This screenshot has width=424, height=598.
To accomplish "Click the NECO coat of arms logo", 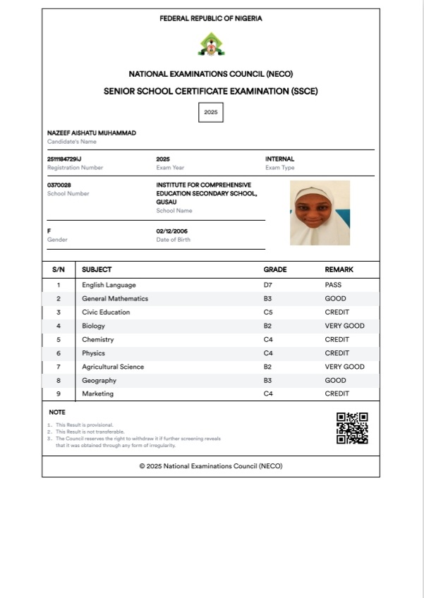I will coord(211,44).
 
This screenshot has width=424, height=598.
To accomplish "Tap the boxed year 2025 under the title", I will coord(210,112).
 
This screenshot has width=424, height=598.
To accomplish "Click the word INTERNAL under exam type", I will coord(279,159).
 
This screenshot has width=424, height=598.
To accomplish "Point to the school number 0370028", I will coord(59,185).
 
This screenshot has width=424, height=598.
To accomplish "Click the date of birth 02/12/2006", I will coord(171,231).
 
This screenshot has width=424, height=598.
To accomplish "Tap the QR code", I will coord(352,428).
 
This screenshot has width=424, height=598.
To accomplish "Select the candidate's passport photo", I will coord(320,213).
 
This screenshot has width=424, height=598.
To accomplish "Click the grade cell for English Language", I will coord(268,285).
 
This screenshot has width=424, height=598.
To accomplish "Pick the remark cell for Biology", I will coord(344,326).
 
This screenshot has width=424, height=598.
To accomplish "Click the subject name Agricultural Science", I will coord(113,367).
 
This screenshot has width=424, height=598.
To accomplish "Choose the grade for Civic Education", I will coord(268,312).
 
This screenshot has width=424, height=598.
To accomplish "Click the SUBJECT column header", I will coord(97,269).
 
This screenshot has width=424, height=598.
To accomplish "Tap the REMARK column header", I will coord(339,269).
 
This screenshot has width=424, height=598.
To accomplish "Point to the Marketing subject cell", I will coord(97,393).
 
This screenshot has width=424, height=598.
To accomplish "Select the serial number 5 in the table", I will coord(59,340).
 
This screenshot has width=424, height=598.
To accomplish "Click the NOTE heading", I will coord(56,412).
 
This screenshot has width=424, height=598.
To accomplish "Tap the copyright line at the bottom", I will coord(211,466).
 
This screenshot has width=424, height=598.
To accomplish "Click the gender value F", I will coord(49,231).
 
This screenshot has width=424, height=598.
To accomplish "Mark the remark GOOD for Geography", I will coord(335,380).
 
